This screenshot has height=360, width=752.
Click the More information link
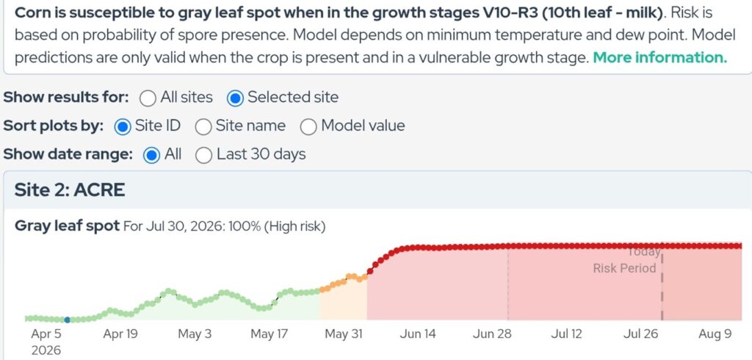[x=660, y=57]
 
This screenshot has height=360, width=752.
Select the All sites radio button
[x=148, y=98]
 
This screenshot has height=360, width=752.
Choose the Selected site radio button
[x=235, y=98]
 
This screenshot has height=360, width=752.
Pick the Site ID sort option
[x=123, y=126]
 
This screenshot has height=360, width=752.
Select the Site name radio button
[x=203, y=126]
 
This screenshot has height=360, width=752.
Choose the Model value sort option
[x=308, y=126]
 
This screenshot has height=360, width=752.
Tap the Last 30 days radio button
[x=204, y=155]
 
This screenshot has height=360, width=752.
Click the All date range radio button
[x=151, y=155]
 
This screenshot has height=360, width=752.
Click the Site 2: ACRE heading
[x=70, y=190]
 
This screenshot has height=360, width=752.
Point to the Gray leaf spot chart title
[x=67, y=226]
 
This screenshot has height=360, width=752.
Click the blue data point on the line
[x=67, y=320]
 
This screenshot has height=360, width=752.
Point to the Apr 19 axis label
[x=120, y=334]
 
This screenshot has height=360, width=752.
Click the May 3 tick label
[x=194, y=334]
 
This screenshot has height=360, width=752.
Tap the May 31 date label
[x=344, y=334]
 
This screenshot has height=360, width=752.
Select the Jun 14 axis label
[x=418, y=334]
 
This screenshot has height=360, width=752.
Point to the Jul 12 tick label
[x=566, y=334]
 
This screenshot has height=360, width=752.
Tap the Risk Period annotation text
[x=624, y=268]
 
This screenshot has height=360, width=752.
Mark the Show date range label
[x=68, y=154]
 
